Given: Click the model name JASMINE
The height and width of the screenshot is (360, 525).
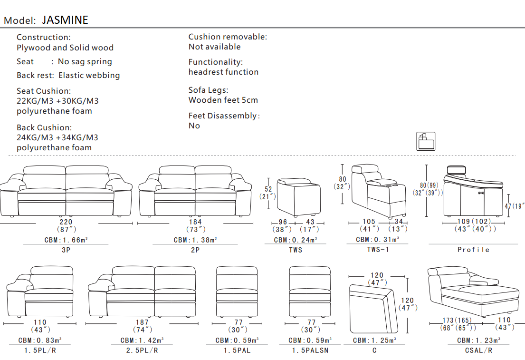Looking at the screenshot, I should [x=65, y=20].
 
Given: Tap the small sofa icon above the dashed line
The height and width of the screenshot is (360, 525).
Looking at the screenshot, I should [x=426, y=141].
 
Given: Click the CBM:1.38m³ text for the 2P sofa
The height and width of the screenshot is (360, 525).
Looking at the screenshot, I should [x=195, y=240].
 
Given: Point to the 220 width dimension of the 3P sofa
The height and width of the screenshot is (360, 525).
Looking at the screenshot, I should [x=66, y=222].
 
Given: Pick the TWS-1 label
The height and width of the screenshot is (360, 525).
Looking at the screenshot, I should [x=378, y=249].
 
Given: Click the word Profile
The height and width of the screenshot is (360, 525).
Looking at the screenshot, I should [x=473, y=250].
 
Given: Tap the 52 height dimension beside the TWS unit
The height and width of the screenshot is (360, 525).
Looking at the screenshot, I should [x=268, y=189].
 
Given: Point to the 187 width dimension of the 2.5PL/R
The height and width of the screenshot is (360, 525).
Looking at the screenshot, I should [x=142, y=322].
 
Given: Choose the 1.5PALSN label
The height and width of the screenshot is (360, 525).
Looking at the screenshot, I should [x=310, y=350].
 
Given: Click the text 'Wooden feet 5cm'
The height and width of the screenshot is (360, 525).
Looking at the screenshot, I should [x=223, y=100].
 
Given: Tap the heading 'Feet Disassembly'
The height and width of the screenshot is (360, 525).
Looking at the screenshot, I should [x=223, y=116].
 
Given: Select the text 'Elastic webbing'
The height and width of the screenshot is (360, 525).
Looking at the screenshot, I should [x=89, y=75].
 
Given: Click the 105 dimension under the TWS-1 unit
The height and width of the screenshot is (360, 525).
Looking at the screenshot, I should [x=369, y=222].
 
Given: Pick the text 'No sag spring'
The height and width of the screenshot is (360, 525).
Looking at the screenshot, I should [x=85, y=61].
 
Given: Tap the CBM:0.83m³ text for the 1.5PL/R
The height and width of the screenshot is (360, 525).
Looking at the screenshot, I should [x=40, y=341].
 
